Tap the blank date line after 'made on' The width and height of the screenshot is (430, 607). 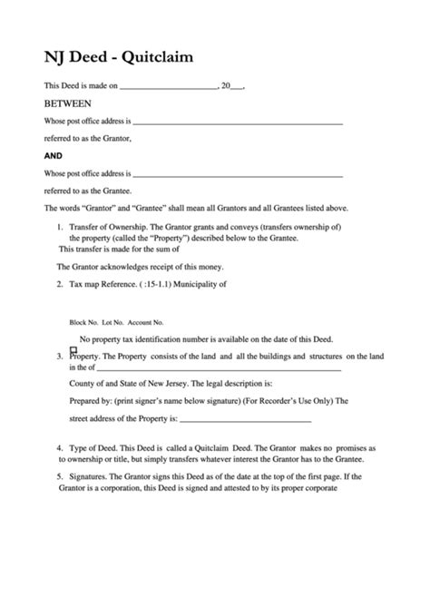point(168,87)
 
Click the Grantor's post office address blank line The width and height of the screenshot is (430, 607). point(238,122)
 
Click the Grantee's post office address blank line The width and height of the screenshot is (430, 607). point(238,173)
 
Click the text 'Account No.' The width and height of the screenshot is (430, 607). point(145,322)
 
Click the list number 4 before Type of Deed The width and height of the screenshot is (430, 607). point(60,448)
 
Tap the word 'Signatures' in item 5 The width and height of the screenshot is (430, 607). point(90,476)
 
